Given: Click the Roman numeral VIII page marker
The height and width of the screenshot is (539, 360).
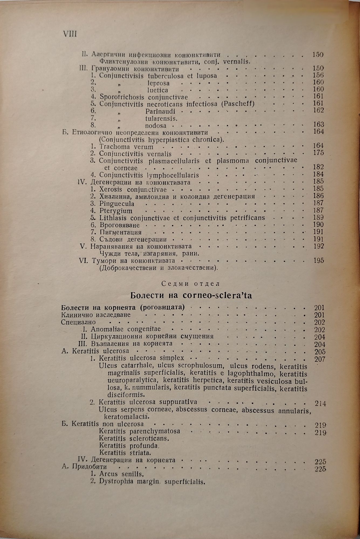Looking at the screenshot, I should coord(70,34).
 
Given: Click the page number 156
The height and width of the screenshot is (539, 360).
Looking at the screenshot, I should coord(318,75).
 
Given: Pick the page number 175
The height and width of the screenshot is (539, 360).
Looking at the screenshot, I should coord(318,153).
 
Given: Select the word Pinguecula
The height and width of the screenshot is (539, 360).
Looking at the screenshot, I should coord(116,204).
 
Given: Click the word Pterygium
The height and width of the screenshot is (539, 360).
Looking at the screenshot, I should coord(116,211).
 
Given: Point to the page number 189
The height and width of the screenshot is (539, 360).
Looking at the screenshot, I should coord(318,217).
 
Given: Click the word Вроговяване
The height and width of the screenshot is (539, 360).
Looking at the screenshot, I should coord(119,225).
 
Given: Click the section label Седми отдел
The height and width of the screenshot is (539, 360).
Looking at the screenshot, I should coord(191,284).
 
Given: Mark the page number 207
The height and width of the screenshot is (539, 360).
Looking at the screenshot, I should coord(320,359).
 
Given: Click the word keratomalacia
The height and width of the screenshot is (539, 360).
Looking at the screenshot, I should coord(126,417).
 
